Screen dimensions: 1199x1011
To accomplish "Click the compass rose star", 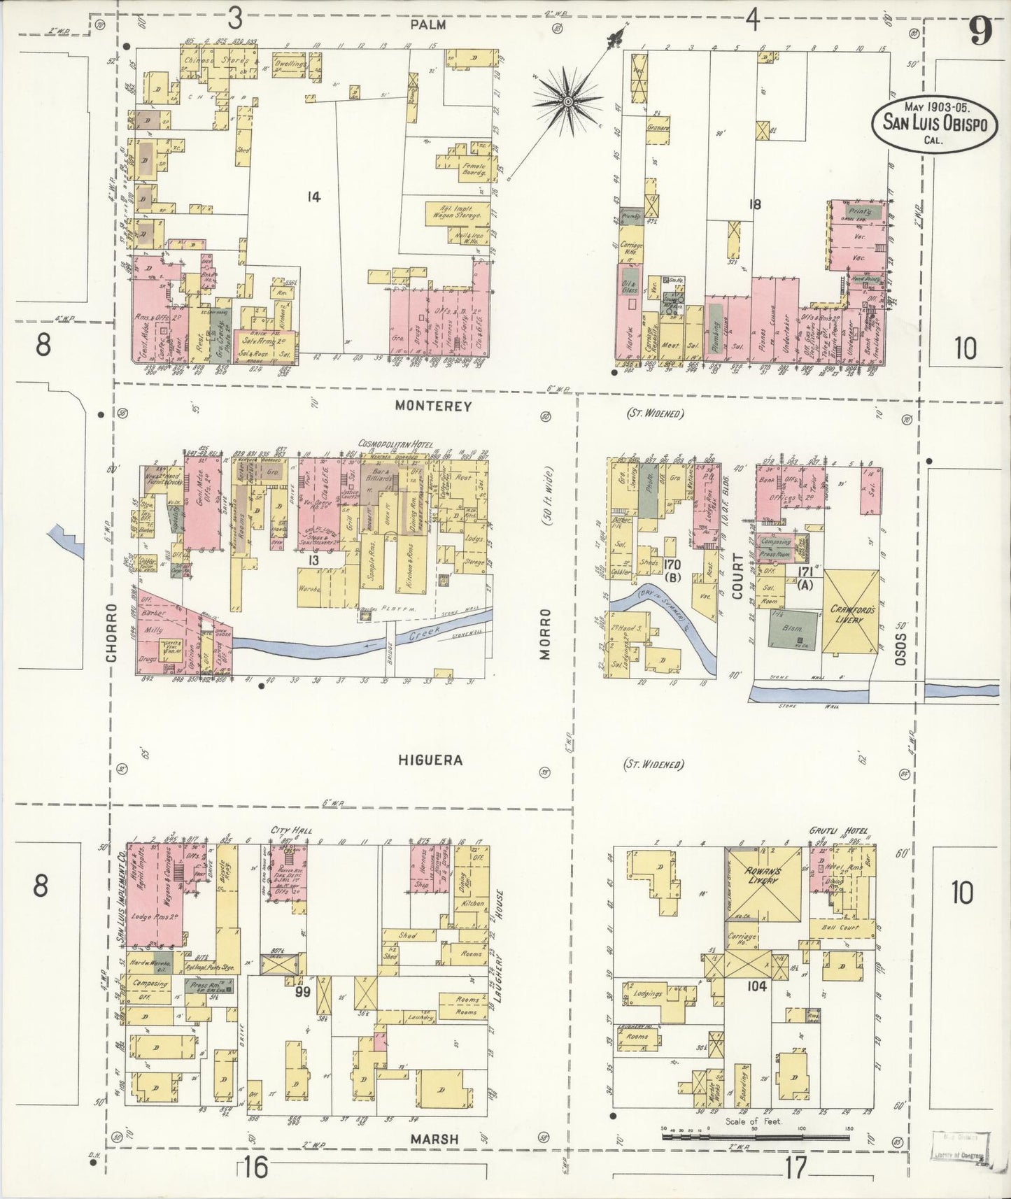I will point(568,101).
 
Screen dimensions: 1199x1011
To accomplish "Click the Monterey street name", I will point(433,405).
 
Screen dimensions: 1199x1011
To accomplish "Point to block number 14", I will point(313,197).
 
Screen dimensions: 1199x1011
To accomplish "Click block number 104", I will point(757,986).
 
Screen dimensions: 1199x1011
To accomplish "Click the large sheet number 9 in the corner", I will point(980,31).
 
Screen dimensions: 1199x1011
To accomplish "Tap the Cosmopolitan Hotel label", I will point(395,445).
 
